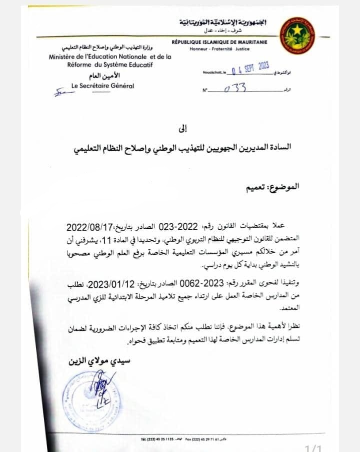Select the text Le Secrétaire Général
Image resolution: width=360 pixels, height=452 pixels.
pos(103,86)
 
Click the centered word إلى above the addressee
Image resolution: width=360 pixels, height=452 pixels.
pos(182,129)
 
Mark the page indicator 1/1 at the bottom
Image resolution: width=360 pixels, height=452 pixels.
pos(313,448)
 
